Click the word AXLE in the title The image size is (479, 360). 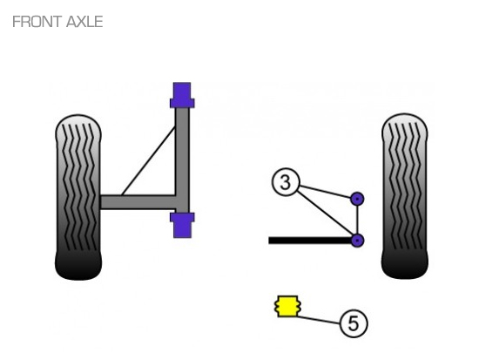pyautogui.click(x=84, y=22)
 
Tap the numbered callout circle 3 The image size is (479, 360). pyautogui.click(x=286, y=182)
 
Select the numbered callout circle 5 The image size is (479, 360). pyautogui.click(x=354, y=323)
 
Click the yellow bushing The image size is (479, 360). pyautogui.click(x=287, y=306)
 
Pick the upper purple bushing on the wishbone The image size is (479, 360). pyautogui.click(x=182, y=95)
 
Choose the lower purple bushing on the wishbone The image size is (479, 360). pyautogui.click(x=182, y=225)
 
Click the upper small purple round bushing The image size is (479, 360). pyautogui.click(x=357, y=199)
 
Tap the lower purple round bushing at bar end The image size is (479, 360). pyautogui.click(x=357, y=241)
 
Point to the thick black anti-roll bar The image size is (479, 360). pyautogui.click(x=310, y=241)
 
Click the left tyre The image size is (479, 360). pyautogui.click(x=78, y=197)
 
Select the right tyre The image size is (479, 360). pyautogui.click(x=405, y=196)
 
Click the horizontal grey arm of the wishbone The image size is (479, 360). pyautogui.click(x=138, y=202)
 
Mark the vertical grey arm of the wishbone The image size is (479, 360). pyautogui.click(x=182, y=160)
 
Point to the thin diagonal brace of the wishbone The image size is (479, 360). pyautogui.click(x=149, y=160)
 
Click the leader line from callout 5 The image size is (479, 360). pyautogui.click(x=318, y=320)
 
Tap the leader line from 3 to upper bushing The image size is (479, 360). pyautogui.click(x=326, y=191)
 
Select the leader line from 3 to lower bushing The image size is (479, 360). pyautogui.click(x=325, y=214)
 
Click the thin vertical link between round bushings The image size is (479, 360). pyautogui.click(x=357, y=220)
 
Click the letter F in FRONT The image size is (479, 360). pyautogui.click(x=16, y=22)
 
